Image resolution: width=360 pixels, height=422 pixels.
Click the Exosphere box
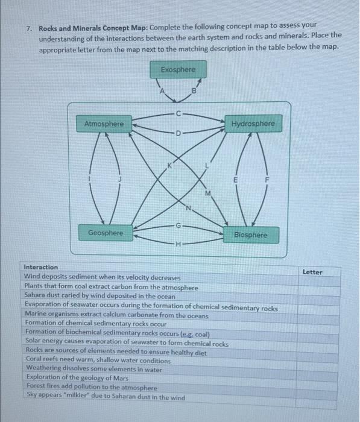click(x=178, y=70)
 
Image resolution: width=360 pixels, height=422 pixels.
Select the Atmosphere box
click(x=104, y=124)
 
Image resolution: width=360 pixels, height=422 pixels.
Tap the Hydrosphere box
click(x=253, y=124)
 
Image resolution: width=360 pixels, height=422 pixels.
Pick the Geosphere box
click(x=105, y=233)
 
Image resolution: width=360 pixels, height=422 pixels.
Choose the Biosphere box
click(x=250, y=235)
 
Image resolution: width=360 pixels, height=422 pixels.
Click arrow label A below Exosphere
click(x=161, y=92)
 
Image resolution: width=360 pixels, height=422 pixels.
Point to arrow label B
click(x=194, y=92)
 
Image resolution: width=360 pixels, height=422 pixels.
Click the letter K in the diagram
click(x=170, y=166)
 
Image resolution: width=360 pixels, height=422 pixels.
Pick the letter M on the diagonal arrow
click(x=208, y=193)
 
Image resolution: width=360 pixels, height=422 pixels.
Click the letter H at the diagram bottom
click(x=178, y=244)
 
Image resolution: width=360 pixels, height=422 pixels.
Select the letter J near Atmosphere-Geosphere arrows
click(x=120, y=178)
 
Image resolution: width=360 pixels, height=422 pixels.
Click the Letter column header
click(x=312, y=272)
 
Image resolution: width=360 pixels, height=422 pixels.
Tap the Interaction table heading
click(x=41, y=267)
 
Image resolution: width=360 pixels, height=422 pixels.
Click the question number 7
click(x=28, y=28)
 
